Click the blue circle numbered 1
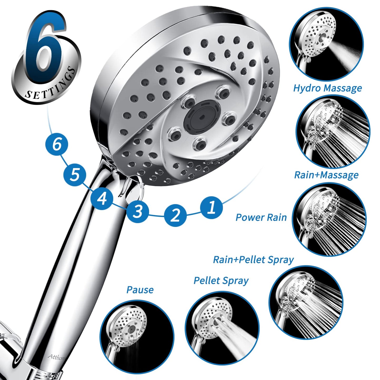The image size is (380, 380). point(211,207)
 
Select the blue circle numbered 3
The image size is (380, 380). point(138,211)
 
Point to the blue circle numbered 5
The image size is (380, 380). point(75,175)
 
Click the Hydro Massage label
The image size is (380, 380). point(328,88)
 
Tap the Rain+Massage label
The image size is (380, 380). point(326,175)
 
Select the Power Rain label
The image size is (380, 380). point(261,217)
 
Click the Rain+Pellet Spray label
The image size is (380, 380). point(254,260)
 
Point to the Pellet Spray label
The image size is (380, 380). point(221,281)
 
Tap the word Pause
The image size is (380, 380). point(140,290)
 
